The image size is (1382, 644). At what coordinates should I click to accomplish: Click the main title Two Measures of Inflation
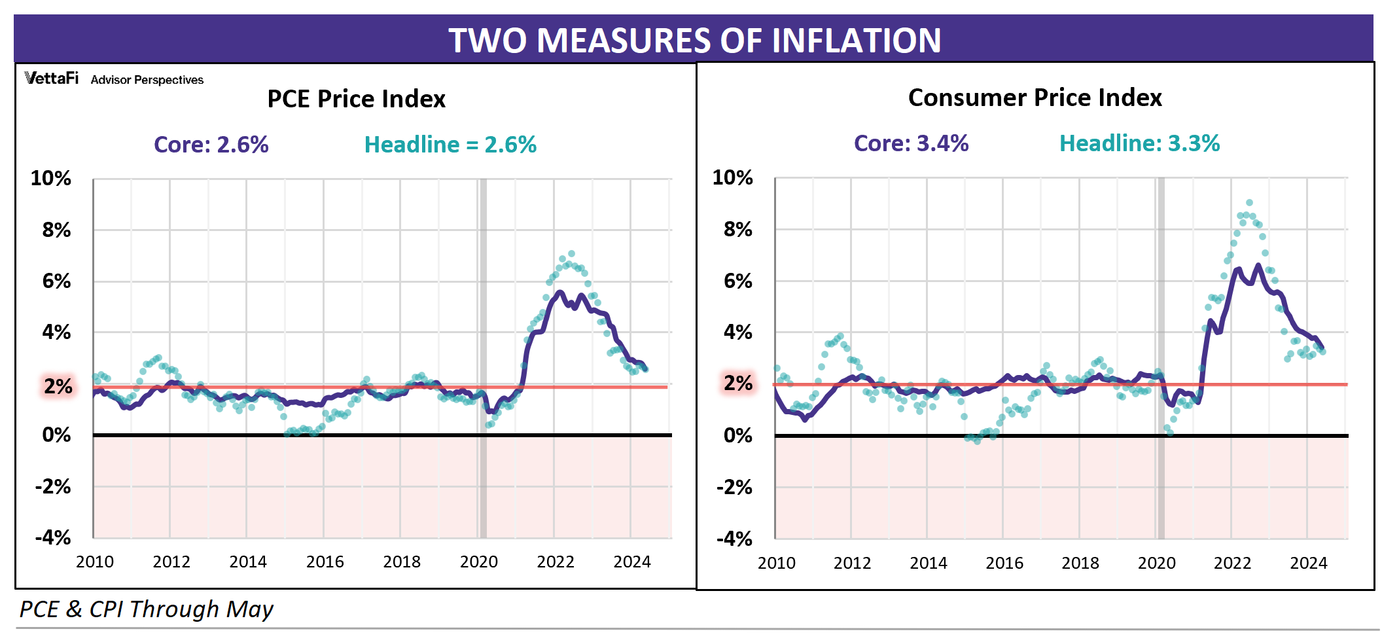point(694,40)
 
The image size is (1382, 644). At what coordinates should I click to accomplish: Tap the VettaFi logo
point(51,79)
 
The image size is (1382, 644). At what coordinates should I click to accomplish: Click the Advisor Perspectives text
point(147,80)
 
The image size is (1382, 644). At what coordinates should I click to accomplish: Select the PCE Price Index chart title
point(356,99)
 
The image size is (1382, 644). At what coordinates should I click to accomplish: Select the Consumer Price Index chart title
point(1035,98)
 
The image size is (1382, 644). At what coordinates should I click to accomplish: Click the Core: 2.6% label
point(211,145)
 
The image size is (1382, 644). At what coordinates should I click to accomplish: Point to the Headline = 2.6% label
point(450,145)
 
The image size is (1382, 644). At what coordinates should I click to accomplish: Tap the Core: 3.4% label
point(911,143)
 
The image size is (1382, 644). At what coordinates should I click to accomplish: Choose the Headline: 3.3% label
point(1139,143)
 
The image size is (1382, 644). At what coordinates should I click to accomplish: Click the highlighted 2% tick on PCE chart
point(58,386)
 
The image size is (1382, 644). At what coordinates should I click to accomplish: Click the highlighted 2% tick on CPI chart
point(738,383)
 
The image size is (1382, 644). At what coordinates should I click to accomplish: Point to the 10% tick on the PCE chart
point(51,178)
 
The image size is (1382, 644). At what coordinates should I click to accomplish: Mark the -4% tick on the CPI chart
point(734,539)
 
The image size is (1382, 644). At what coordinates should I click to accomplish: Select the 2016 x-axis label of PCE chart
point(325,562)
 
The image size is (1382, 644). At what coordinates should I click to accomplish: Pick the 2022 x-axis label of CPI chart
point(1232,563)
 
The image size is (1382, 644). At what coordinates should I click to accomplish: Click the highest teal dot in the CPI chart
point(1249,203)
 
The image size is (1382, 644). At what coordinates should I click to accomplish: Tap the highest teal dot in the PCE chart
point(571,253)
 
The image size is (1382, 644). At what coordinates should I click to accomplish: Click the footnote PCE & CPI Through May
point(146,609)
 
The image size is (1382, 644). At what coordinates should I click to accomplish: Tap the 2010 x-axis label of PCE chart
point(95,562)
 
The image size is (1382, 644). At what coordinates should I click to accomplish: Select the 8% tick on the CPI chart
point(737,229)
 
